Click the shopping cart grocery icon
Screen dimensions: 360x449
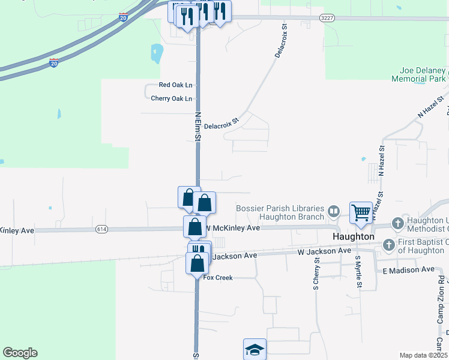(361, 212)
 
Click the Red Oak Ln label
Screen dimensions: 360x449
(175, 85)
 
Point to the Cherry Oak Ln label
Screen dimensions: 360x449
(172, 98)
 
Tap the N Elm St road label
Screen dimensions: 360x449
(197, 125)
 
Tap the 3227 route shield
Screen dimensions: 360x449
(327, 18)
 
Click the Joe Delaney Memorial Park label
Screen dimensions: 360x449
(418, 74)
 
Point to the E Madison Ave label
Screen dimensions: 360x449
(408, 270)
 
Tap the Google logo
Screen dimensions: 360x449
(20, 353)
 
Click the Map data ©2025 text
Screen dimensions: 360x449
(423, 355)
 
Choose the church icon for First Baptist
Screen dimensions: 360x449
(389, 245)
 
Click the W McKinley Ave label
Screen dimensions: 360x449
(233, 228)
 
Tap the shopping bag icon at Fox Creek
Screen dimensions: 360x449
(197, 263)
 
